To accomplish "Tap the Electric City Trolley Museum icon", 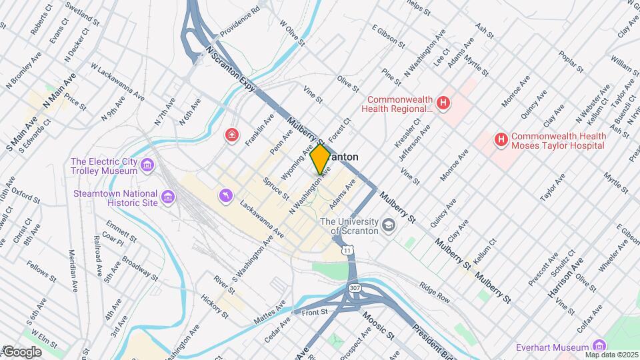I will (148, 164).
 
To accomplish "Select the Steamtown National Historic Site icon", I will (168, 197).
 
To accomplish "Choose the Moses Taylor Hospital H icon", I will (501, 139).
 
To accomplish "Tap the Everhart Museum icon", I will (599, 347).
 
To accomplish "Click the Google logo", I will (21, 351).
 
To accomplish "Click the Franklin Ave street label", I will (259, 129).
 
